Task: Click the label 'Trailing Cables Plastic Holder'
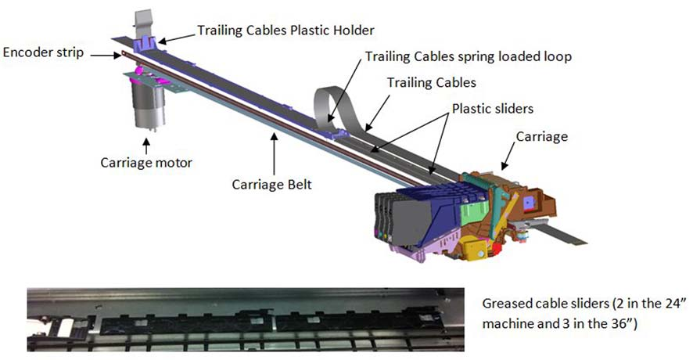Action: point(285,31)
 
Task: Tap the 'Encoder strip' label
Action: point(43,52)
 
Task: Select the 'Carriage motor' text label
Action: point(146,163)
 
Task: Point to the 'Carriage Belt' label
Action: point(272,185)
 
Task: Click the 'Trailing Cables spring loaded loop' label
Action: point(469,56)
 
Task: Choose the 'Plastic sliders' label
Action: point(493,109)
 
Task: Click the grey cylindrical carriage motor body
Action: point(149,104)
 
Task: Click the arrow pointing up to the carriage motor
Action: point(145,146)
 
